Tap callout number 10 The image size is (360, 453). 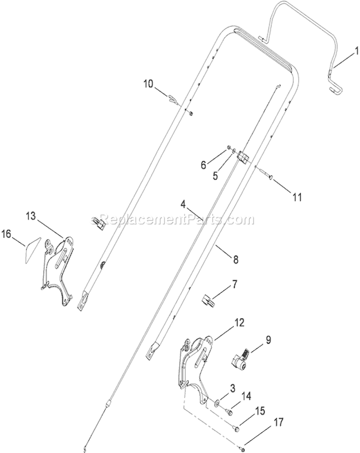149,84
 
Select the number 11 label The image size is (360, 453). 297,198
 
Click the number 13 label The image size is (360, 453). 31,216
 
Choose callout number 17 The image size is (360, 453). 277,423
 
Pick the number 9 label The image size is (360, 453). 268,340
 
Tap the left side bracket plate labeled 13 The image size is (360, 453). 58,270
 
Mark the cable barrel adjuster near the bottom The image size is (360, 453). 108,403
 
